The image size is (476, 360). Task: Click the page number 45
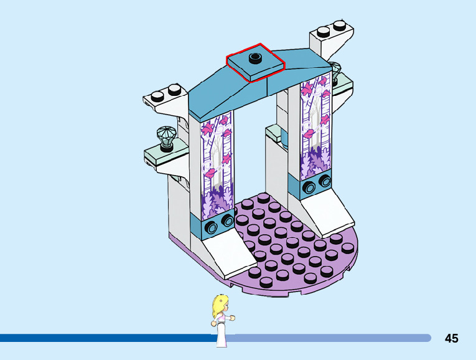pyautogui.click(x=452, y=338)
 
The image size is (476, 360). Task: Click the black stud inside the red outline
pyautogui.click(x=254, y=59)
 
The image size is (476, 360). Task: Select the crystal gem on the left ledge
pyautogui.click(x=167, y=135)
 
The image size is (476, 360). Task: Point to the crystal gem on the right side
pyautogui.click(x=336, y=70)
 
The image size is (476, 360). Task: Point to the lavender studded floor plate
pyautogui.click(x=292, y=249)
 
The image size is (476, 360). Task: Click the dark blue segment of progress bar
pyautogui.click(x=106, y=338)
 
